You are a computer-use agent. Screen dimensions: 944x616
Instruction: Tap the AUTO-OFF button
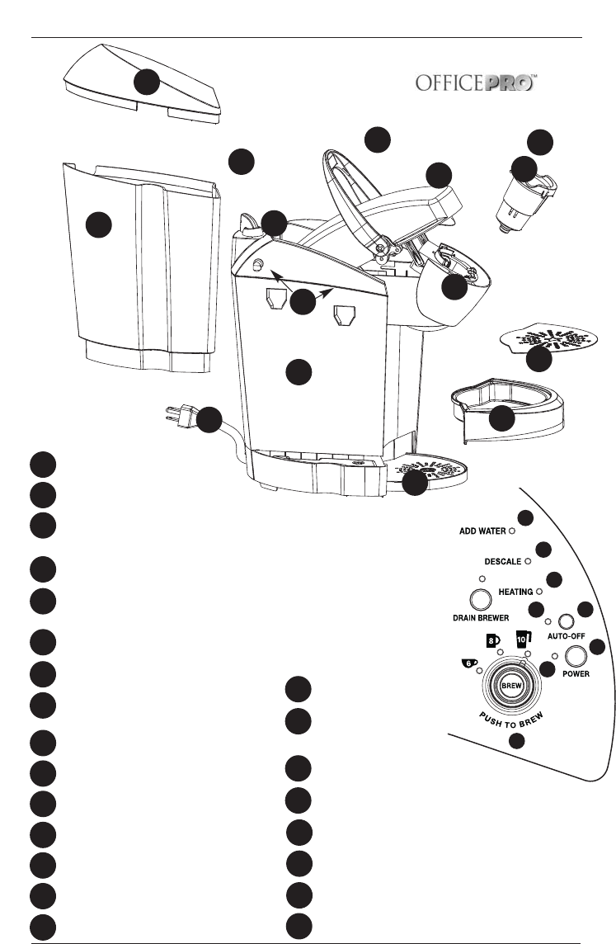(x=566, y=621)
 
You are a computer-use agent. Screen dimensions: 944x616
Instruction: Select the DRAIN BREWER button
(x=476, y=600)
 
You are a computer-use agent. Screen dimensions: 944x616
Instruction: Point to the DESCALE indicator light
(x=528, y=561)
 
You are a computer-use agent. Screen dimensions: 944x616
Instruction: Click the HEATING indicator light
(x=538, y=592)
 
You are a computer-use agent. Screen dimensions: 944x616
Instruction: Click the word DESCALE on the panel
(x=502, y=561)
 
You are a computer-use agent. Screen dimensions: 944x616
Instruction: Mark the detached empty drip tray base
(x=509, y=413)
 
